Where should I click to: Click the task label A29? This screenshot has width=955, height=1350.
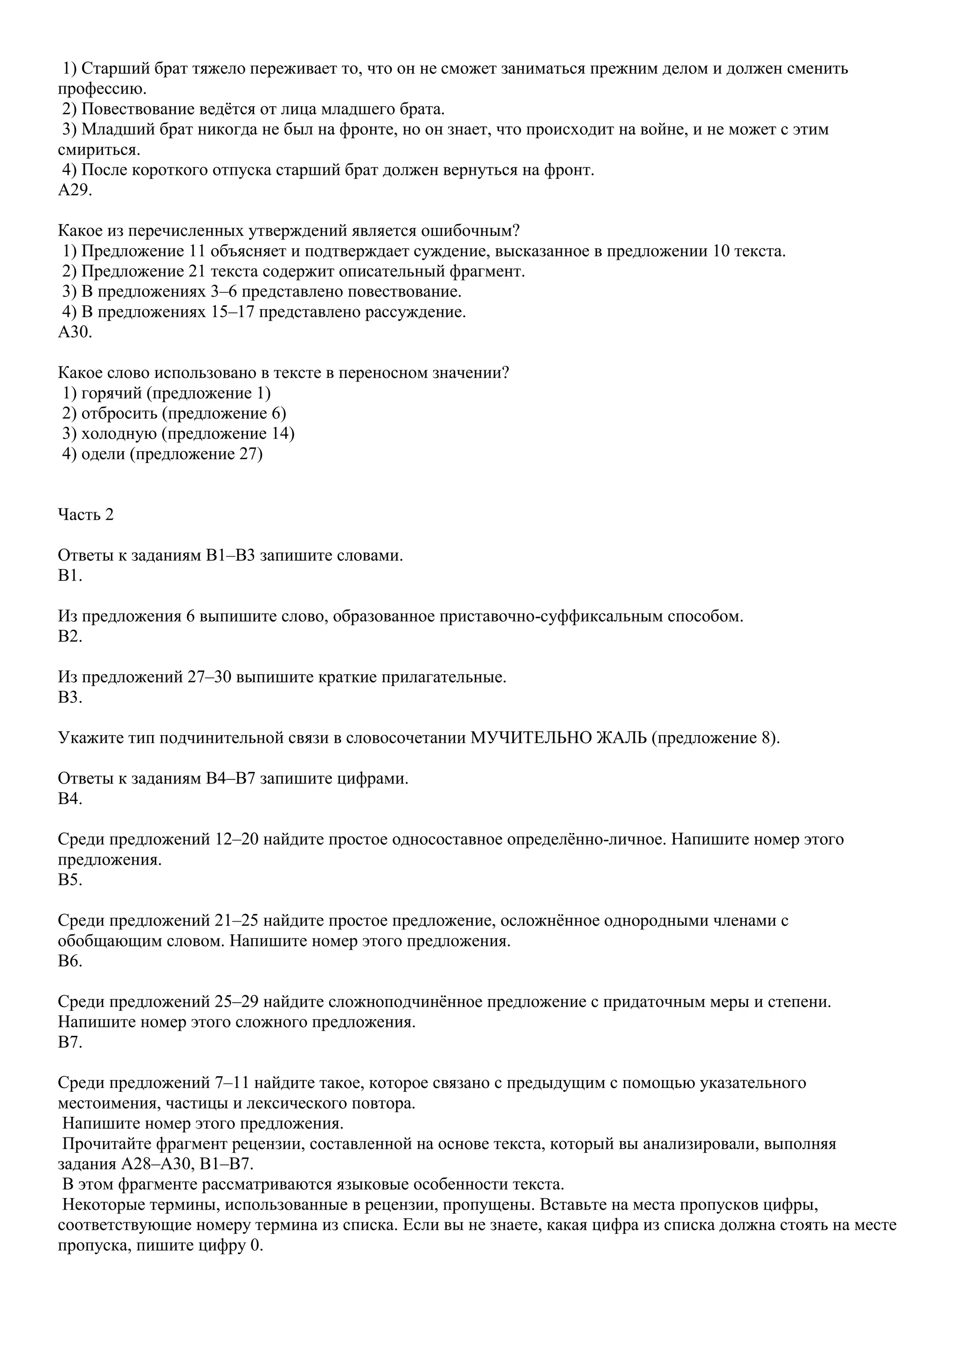click(x=75, y=191)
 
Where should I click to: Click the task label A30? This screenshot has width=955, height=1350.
click(x=75, y=332)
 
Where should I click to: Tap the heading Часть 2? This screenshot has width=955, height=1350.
click(x=86, y=515)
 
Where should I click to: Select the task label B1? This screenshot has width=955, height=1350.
click(x=70, y=576)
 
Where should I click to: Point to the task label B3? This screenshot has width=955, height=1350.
click(x=70, y=697)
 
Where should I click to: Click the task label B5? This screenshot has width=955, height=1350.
click(x=70, y=880)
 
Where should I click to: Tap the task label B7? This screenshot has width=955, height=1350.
click(x=70, y=1042)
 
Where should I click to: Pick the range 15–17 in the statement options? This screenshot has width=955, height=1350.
click(x=232, y=312)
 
